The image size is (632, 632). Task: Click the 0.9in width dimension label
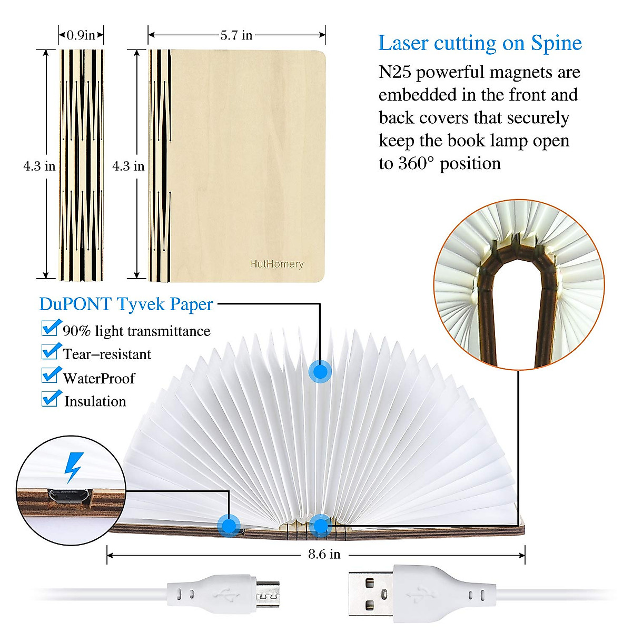pyautogui.click(x=81, y=35)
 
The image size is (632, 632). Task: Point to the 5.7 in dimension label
pyautogui.click(x=236, y=35)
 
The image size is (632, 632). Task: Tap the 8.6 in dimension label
pyautogui.click(x=324, y=554)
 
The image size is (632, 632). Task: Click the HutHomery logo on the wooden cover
pyautogui.click(x=276, y=264)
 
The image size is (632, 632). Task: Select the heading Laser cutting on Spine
pyautogui.click(x=480, y=43)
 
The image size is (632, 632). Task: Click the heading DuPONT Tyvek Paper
pyautogui.click(x=126, y=304)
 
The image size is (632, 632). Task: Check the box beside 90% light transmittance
pyautogui.click(x=50, y=328)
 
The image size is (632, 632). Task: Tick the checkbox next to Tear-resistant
pyautogui.click(x=50, y=351)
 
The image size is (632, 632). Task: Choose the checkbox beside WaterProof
pyautogui.click(x=50, y=375)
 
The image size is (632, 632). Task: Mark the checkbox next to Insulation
pyautogui.click(x=50, y=399)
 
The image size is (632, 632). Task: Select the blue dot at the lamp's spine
pyautogui.click(x=319, y=525)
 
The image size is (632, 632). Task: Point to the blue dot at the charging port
pyautogui.click(x=229, y=525)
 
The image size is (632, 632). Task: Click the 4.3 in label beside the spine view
pyautogui.click(x=39, y=166)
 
